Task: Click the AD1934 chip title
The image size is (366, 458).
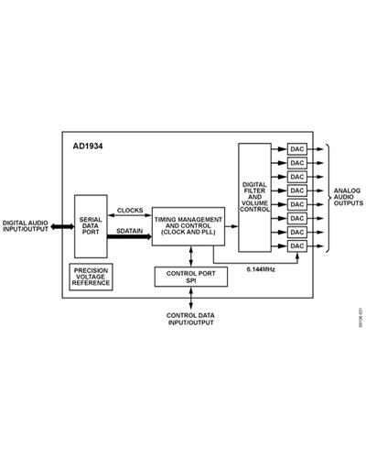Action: pos(88,147)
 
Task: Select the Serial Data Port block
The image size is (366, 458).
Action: pos(91,226)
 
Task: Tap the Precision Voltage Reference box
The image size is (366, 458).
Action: pos(91,277)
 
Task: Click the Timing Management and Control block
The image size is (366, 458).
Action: pos(188,226)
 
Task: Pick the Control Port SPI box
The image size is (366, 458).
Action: pos(191,277)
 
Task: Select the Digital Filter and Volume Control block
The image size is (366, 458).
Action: pos(254,198)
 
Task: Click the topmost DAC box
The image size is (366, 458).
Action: pos(297,149)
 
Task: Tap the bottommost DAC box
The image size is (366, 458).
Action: pos(297,246)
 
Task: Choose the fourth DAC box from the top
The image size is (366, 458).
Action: pos(297,191)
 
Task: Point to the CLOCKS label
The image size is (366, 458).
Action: pos(130,211)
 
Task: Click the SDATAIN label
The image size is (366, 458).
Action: pos(130,231)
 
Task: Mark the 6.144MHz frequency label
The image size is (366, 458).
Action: pos(261,269)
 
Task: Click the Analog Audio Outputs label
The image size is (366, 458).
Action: pos(349,197)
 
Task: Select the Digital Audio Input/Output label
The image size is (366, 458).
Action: pos(26,226)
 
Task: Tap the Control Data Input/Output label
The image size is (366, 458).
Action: pos(190,319)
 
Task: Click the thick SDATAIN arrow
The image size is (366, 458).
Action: pos(129,236)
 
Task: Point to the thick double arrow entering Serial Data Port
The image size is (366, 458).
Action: pos(62,226)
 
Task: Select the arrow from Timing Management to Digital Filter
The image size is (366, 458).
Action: pos(231,226)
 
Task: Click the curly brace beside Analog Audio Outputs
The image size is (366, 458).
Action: pos(328,198)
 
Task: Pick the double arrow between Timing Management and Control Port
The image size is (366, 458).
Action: pos(191,256)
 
